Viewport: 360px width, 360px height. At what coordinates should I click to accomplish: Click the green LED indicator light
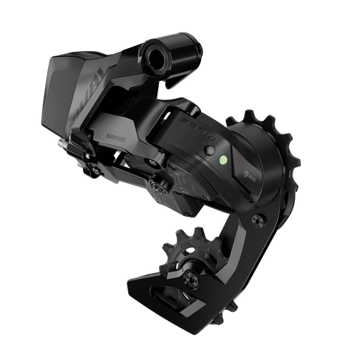(222, 159)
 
